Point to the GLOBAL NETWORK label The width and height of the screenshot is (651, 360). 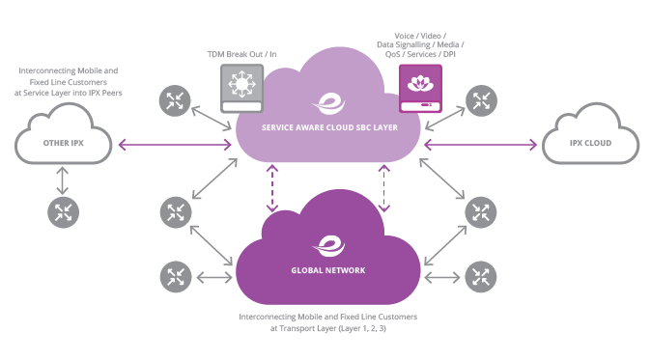328,270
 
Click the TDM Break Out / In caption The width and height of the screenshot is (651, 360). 240,52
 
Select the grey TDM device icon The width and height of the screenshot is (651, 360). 240,87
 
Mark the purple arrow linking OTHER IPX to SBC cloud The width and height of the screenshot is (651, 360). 175,145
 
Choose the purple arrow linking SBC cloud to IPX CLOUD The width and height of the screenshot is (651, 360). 480,145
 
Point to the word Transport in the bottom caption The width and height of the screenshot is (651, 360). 301,329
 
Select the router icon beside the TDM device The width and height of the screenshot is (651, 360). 176,99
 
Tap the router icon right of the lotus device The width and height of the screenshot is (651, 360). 480,99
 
